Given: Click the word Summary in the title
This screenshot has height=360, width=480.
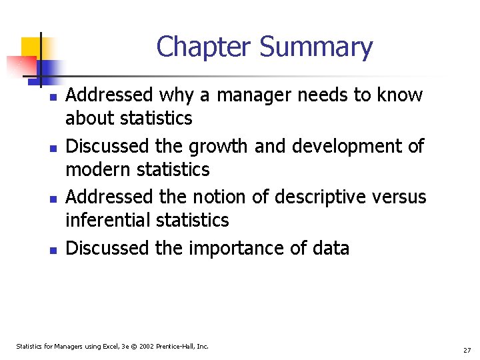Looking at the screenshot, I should coord(316,47).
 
